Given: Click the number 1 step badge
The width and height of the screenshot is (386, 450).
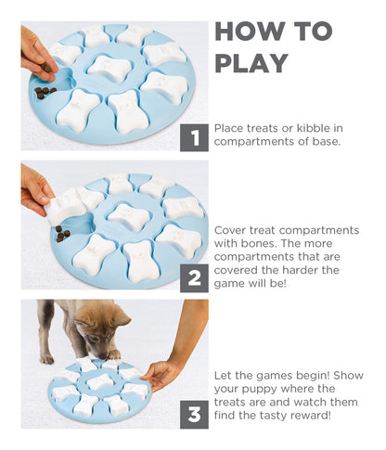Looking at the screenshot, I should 194,138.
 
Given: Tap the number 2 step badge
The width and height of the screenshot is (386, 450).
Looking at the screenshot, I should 194,276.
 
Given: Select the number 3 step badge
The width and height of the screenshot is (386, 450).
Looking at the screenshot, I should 194,414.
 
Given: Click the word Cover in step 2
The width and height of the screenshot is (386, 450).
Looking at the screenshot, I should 231,229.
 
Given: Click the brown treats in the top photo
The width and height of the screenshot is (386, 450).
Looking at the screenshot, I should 45,91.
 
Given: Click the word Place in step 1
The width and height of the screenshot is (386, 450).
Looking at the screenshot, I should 230,128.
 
